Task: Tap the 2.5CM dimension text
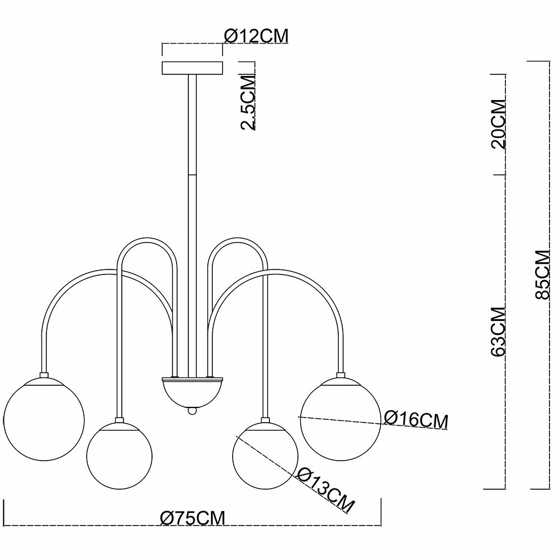coord(249,102)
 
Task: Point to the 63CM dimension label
coord(498,331)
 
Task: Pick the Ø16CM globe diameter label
coord(416,419)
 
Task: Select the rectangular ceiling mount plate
coord(192,68)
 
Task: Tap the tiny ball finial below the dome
coord(192,411)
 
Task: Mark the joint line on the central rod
coord(192,174)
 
